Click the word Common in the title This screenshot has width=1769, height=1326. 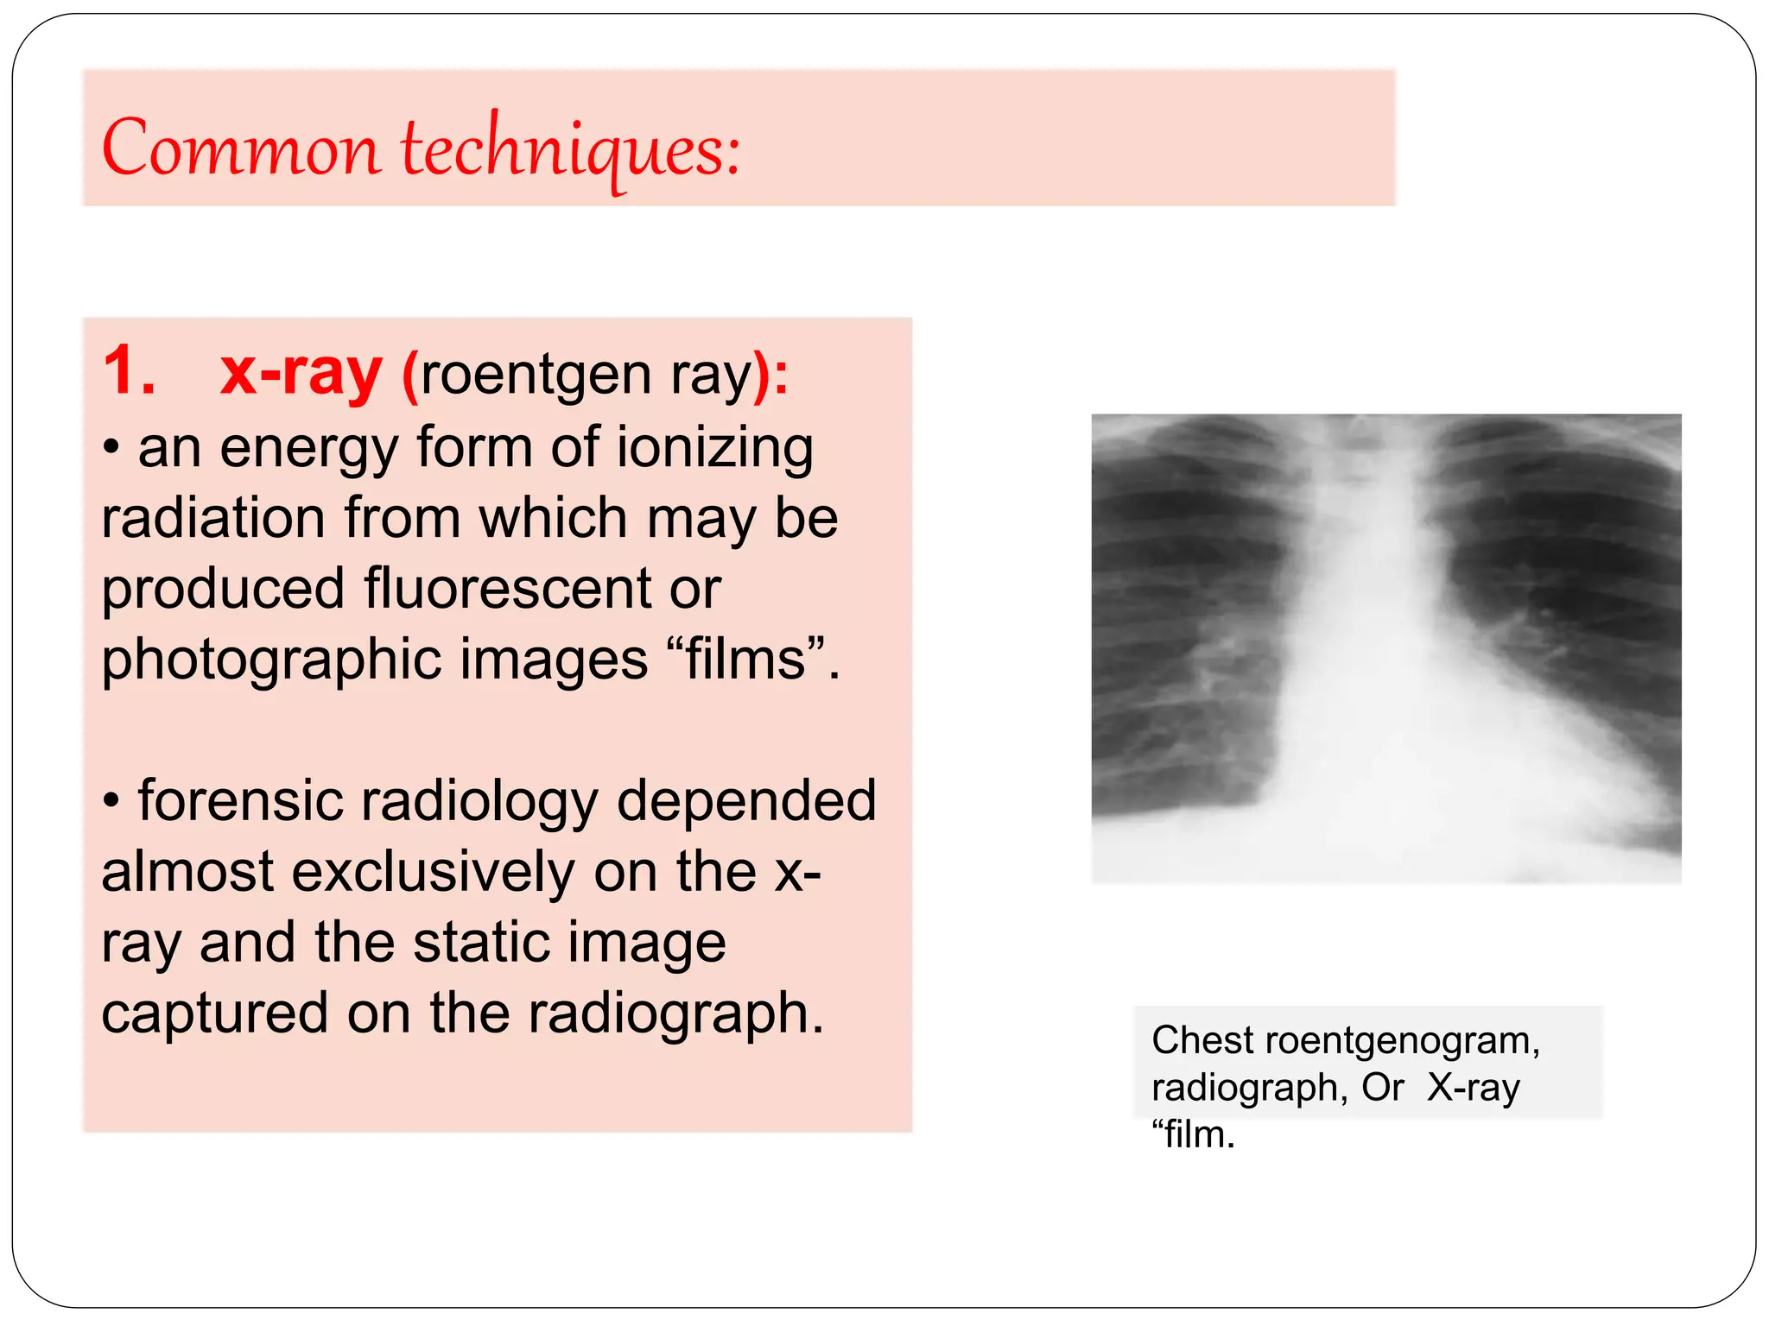click(240, 148)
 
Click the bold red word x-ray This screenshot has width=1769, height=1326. click(301, 373)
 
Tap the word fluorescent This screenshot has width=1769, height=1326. click(507, 589)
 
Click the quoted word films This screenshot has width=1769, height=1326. click(745, 660)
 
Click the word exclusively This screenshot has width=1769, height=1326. click(433, 871)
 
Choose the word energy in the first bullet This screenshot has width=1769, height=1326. click(308, 448)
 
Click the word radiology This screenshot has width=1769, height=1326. click(479, 800)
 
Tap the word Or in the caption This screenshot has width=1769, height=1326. click(1382, 1088)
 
